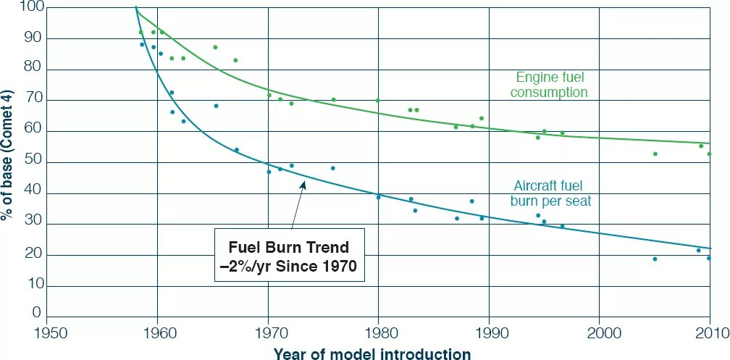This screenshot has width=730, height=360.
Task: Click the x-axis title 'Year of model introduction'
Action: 372,353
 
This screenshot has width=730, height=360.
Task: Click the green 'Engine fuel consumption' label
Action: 551,84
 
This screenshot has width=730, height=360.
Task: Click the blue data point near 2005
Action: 655,259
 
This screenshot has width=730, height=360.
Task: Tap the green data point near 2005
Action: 655,154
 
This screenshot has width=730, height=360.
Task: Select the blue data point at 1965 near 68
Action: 216,106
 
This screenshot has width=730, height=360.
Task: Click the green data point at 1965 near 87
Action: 215,47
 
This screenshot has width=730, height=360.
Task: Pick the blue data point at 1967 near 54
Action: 237,150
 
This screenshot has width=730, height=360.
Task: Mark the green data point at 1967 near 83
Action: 235,60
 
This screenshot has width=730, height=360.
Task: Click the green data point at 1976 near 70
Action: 333,100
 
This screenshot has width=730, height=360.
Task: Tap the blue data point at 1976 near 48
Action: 333,168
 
